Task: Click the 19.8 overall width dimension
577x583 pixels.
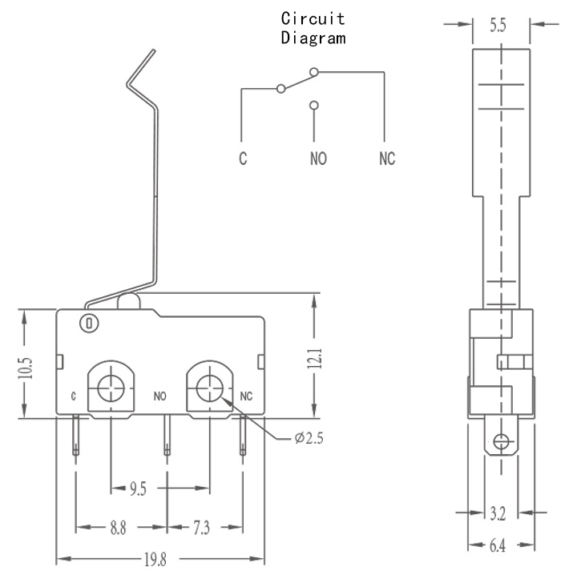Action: tap(155, 560)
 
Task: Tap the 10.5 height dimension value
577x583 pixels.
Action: tap(26, 368)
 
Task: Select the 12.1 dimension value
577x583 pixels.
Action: tap(315, 359)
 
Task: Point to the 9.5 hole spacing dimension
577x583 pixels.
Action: tap(138, 489)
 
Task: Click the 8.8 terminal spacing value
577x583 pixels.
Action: tap(118, 528)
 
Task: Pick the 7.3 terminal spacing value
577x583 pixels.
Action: tap(201, 528)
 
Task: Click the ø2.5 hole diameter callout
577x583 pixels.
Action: tap(309, 438)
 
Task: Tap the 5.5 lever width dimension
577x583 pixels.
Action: tap(498, 26)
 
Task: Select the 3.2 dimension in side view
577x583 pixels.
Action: tap(498, 513)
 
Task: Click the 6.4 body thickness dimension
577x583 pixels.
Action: tap(498, 545)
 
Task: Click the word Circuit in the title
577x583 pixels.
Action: tap(313, 18)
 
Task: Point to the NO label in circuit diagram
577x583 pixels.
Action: tap(318, 159)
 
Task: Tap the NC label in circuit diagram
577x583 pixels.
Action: tap(387, 159)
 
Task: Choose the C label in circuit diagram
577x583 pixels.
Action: tap(243, 159)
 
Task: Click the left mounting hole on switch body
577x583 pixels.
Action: tap(111, 388)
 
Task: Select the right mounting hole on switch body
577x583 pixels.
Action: tap(210, 388)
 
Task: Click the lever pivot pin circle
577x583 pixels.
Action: tap(89, 323)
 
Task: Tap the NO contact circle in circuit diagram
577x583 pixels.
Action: tap(314, 105)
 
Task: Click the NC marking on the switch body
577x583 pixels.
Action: tap(246, 396)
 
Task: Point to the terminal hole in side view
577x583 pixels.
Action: tap(501, 442)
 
